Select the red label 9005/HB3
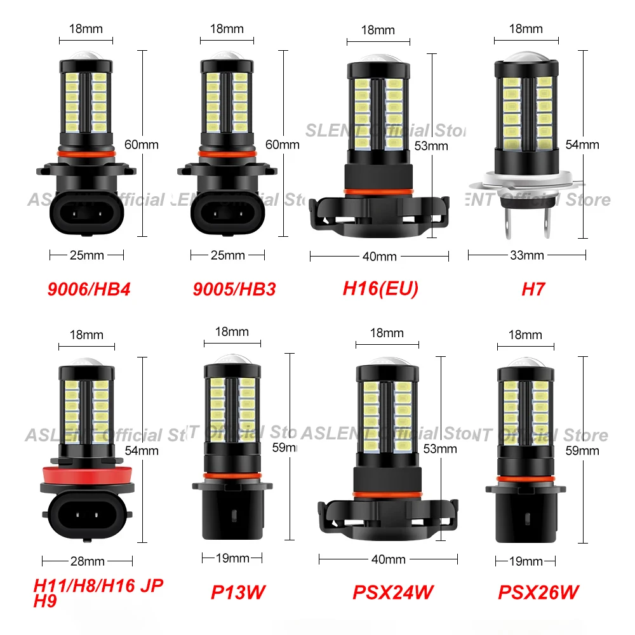click(234, 289)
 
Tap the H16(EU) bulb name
click(380, 289)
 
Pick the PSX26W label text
click(538, 592)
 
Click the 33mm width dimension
click(526, 255)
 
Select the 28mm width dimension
click(87, 561)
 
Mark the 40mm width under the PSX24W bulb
click(388, 559)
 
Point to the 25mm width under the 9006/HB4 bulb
click(86, 255)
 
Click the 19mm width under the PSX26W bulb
click(526, 561)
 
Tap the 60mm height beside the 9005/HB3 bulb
click(282, 145)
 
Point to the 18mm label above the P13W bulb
click(232, 331)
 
